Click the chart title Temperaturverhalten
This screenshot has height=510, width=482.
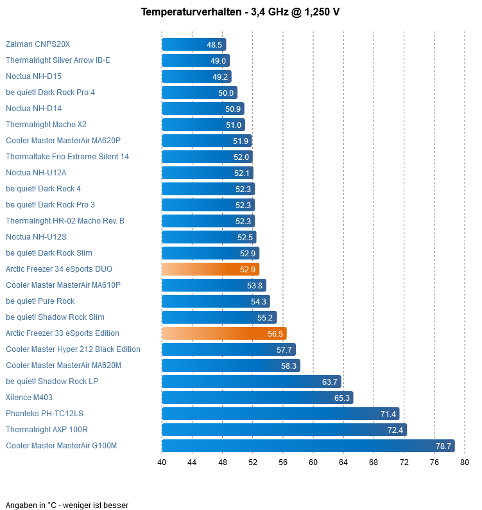(x=240, y=12)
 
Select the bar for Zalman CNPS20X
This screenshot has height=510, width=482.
(x=193, y=44)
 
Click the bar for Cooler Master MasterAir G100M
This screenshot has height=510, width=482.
(x=307, y=446)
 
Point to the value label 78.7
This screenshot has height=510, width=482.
(x=443, y=446)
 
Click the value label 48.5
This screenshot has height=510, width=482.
(x=214, y=44)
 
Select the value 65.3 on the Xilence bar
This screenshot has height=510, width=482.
(x=342, y=398)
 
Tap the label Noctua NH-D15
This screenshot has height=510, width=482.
(x=33, y=76)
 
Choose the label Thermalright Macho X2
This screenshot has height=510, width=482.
(x=46, y=125)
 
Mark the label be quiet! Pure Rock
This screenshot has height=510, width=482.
(x=40, y=301)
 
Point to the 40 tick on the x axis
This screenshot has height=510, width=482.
(x=162, y=462)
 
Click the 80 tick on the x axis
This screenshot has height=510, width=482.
(x=465, y=462)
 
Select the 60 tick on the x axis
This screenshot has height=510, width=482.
(x=313, y=462)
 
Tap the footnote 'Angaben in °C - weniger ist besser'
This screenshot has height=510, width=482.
(x=67, y=506)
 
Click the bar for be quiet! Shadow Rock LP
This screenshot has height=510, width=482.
(x=251, y=382)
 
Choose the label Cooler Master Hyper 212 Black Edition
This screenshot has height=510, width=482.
(x=73, y=349)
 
